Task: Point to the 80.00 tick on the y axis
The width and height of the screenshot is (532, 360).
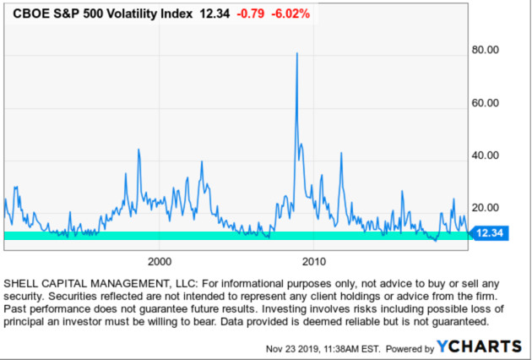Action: point(488,51)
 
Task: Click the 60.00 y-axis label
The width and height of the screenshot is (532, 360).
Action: point(488,103)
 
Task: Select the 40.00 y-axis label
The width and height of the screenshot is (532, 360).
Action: point(488,155)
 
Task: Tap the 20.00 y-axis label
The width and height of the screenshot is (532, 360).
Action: point(488,208)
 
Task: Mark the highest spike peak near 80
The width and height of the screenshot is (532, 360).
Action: point(296,53)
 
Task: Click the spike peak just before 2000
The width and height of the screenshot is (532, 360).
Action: point(138,150)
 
